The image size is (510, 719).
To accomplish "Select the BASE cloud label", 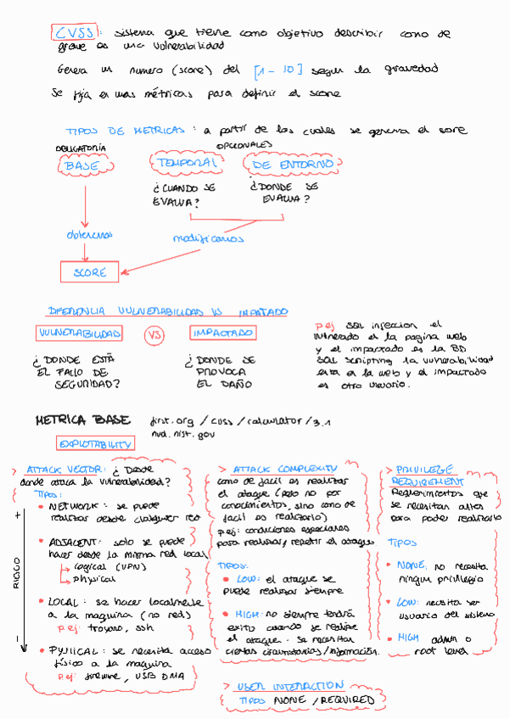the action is [81, 167].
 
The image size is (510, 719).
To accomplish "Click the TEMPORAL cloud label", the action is [182, 161].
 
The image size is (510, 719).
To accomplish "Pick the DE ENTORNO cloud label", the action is [293, 163].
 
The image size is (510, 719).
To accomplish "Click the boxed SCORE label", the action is [89, 273].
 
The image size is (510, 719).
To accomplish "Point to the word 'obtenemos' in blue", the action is [89, 234].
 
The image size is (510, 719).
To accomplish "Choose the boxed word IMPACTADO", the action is [221, 332].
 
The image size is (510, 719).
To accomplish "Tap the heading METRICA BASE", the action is [83, 420].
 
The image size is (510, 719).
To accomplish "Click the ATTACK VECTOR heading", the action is [64, 470].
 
